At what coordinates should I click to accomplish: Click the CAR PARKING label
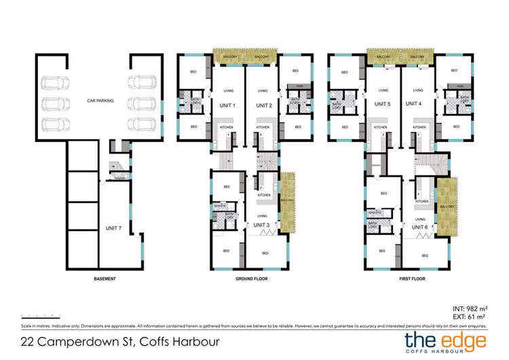(x=99, y=101)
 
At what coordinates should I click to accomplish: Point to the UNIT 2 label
(x=262, y=105)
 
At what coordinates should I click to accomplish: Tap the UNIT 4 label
(x=415, y=104)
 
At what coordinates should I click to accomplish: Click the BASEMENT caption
(x=105, y=278)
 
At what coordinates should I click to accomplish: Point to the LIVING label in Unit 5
(x=384, y=90)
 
